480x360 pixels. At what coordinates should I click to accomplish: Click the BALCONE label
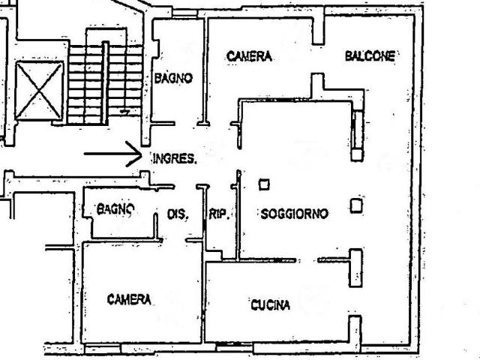pyautogui.click(x=370, y=56)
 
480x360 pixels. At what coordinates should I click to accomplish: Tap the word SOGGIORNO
pyautogui.click(x=295, y=214)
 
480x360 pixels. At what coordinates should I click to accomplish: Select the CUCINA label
pyautogui.click(x=270, y=305)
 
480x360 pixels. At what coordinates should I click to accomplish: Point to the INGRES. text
pyautogui.click(x=175, y=158)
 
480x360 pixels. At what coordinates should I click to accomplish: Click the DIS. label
pyautogui.click(x=178, y=214)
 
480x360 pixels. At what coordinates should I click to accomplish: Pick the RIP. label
pyautogui.click(x=219, y=214)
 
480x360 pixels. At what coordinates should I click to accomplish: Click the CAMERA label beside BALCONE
pyautogui.click(x=249, y=56)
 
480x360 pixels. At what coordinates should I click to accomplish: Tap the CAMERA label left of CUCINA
pyautogui.click(x=129, y=299)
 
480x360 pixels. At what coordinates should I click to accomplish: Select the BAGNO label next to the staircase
pyautogui.click(x=173, y=78)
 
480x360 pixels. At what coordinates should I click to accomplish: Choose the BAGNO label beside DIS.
pyautogui.click(x=115, y=210)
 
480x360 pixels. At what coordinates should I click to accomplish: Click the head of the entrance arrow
pyautogui.click(x=142, y=154)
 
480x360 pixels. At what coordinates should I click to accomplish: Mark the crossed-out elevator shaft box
pyautogui.click(x=39, y=91)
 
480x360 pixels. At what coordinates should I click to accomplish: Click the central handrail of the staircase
pyautogui.click(x=105, y=82)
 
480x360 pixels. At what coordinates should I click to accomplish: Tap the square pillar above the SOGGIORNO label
pyautogui.click(x=264, y=184)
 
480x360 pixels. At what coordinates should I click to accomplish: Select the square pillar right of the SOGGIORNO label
pyautogui.click(x=356, y=205)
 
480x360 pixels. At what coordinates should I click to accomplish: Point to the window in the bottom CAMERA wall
pyautogui.click(x=102, y=348)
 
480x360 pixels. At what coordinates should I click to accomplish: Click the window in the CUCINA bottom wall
pyautogui.click(x=234, y=346)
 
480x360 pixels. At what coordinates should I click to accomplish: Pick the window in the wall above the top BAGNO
pyautogui.click(x=184, y=13)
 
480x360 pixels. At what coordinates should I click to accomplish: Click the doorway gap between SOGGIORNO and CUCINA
pyautogui.click(x=307, y=260)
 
